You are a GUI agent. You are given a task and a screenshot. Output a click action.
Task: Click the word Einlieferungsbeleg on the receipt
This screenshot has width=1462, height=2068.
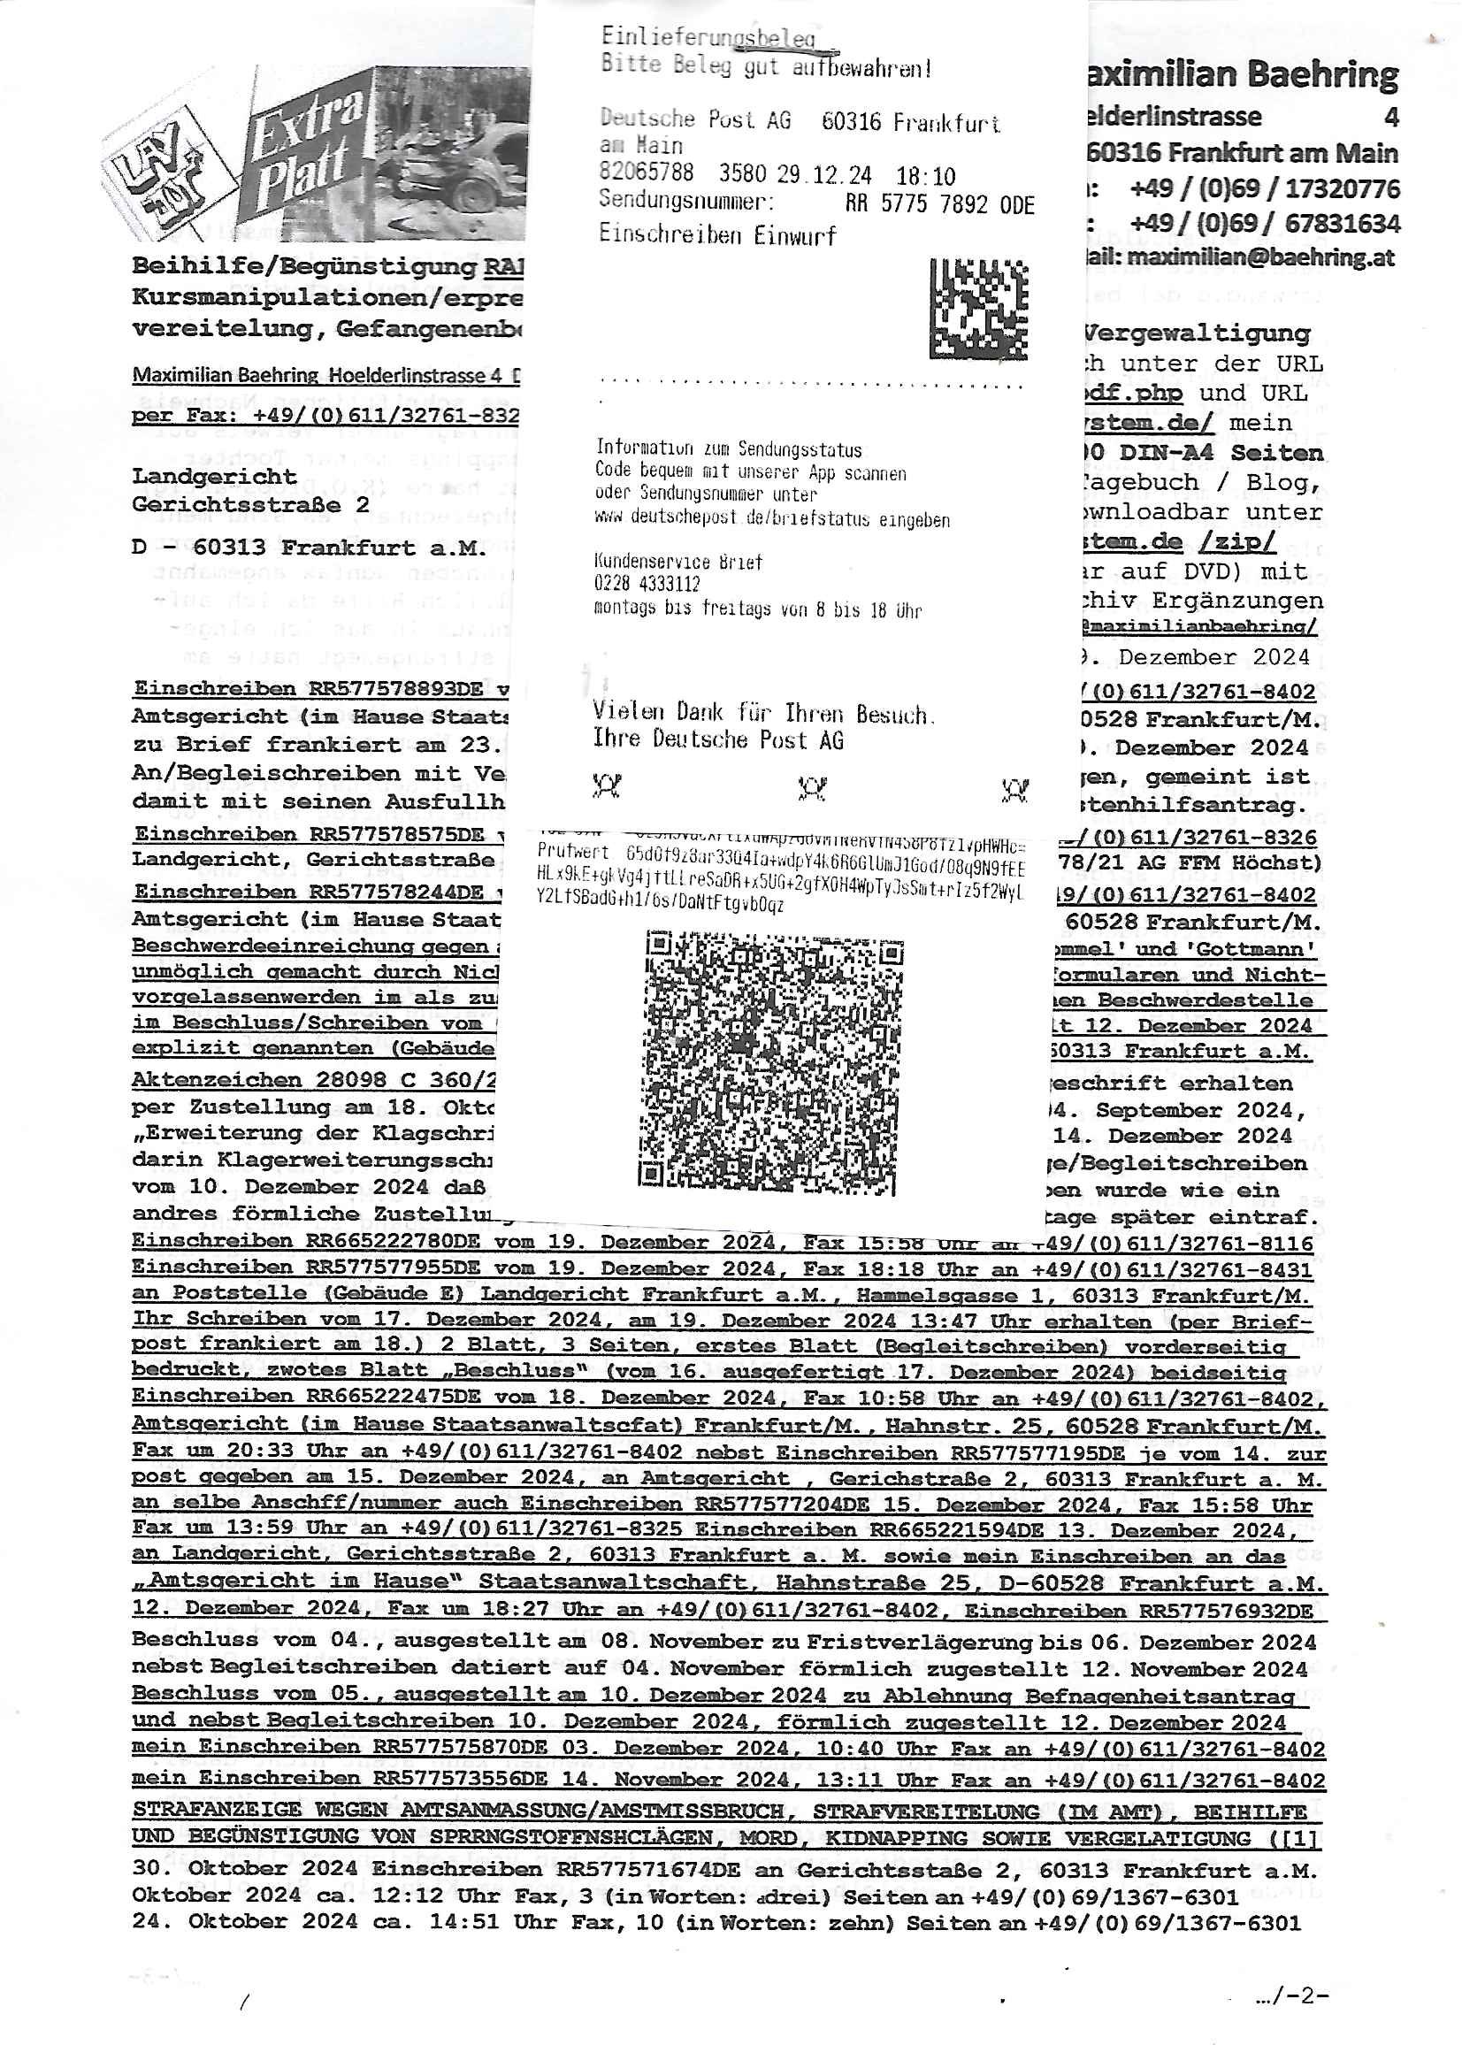coord(708,37)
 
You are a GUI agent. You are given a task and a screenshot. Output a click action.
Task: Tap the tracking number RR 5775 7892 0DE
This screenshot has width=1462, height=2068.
coord(939,204)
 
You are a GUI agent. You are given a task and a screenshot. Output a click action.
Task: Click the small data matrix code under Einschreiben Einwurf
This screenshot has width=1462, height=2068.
coord(978,309)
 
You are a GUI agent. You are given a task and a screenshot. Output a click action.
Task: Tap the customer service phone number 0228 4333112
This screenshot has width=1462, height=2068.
coord(647,585)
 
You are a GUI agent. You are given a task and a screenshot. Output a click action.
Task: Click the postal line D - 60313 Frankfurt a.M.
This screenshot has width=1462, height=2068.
coord(309,548)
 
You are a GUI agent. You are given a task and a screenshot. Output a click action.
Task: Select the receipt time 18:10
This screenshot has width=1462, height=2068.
coord(925,176)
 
